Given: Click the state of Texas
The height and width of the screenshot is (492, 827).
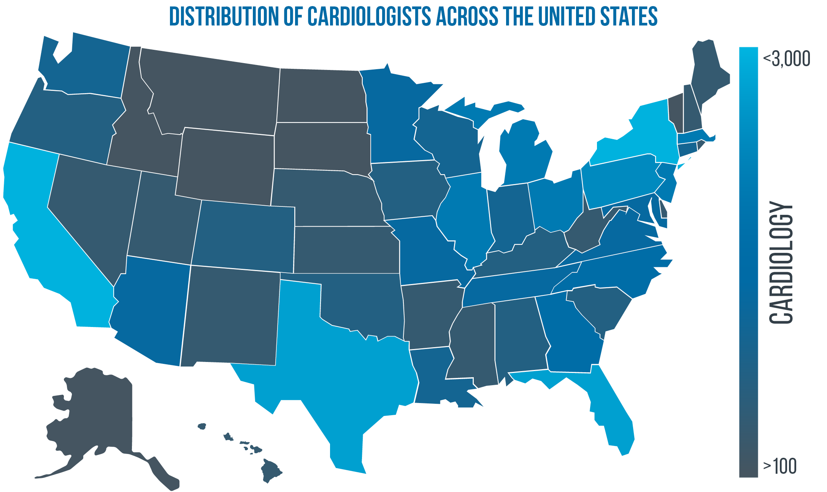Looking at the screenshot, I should click(x=342, y=365).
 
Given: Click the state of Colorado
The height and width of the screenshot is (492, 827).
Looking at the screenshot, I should click(x=243, y=236).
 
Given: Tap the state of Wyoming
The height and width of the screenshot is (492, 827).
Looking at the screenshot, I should click(x=226, y=163).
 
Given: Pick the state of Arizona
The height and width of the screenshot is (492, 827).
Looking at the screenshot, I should click(x=152, y=312).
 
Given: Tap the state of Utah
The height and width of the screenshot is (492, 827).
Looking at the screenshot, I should click(x=163, y=217).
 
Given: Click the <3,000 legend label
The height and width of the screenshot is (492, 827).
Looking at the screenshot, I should click(x=786, y=59).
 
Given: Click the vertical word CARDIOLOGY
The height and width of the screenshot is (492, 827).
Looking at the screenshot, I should click(x=781, y=262).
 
